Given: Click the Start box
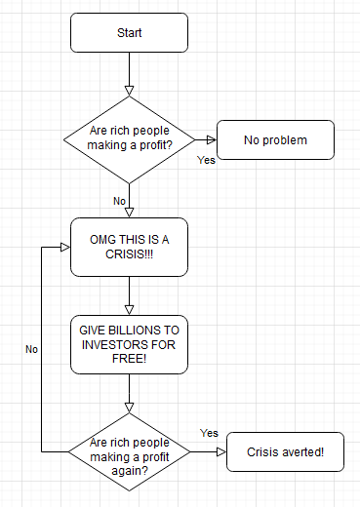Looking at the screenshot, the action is click(x=129, y=32).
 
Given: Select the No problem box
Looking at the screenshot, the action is click(x=275, y=139).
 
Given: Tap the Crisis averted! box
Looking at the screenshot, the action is click(x=285, y=451).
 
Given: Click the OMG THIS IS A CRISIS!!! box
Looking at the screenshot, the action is click(x=129, y=247).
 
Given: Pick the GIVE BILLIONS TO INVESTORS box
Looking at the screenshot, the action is click(x=129, y=344).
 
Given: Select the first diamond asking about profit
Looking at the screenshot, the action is click(x=129, y=139).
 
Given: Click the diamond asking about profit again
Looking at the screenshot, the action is click(x=129, y=451).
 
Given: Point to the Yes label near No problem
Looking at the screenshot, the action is click(x=206, y=160).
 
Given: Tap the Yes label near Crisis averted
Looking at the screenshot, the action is click(x=209, y=433).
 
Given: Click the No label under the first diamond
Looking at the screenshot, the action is click(x=119, y=201).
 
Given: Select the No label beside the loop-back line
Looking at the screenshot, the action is click(x=31, y=349).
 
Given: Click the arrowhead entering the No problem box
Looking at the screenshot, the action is click(x=212, y=139).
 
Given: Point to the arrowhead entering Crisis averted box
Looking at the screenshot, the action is click(x=221, y=451).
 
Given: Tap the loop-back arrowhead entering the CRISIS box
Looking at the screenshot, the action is click(x=65, y=247).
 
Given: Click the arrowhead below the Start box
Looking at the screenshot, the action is click(x=129, y=91).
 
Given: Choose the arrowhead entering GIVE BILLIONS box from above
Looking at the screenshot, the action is click(x=129, y=310).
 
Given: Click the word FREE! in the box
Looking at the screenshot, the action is click(x=129, y=359).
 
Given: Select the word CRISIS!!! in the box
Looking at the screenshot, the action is click(x=129, y=254).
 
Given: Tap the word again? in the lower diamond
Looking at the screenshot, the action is click(x=130, y=471).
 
